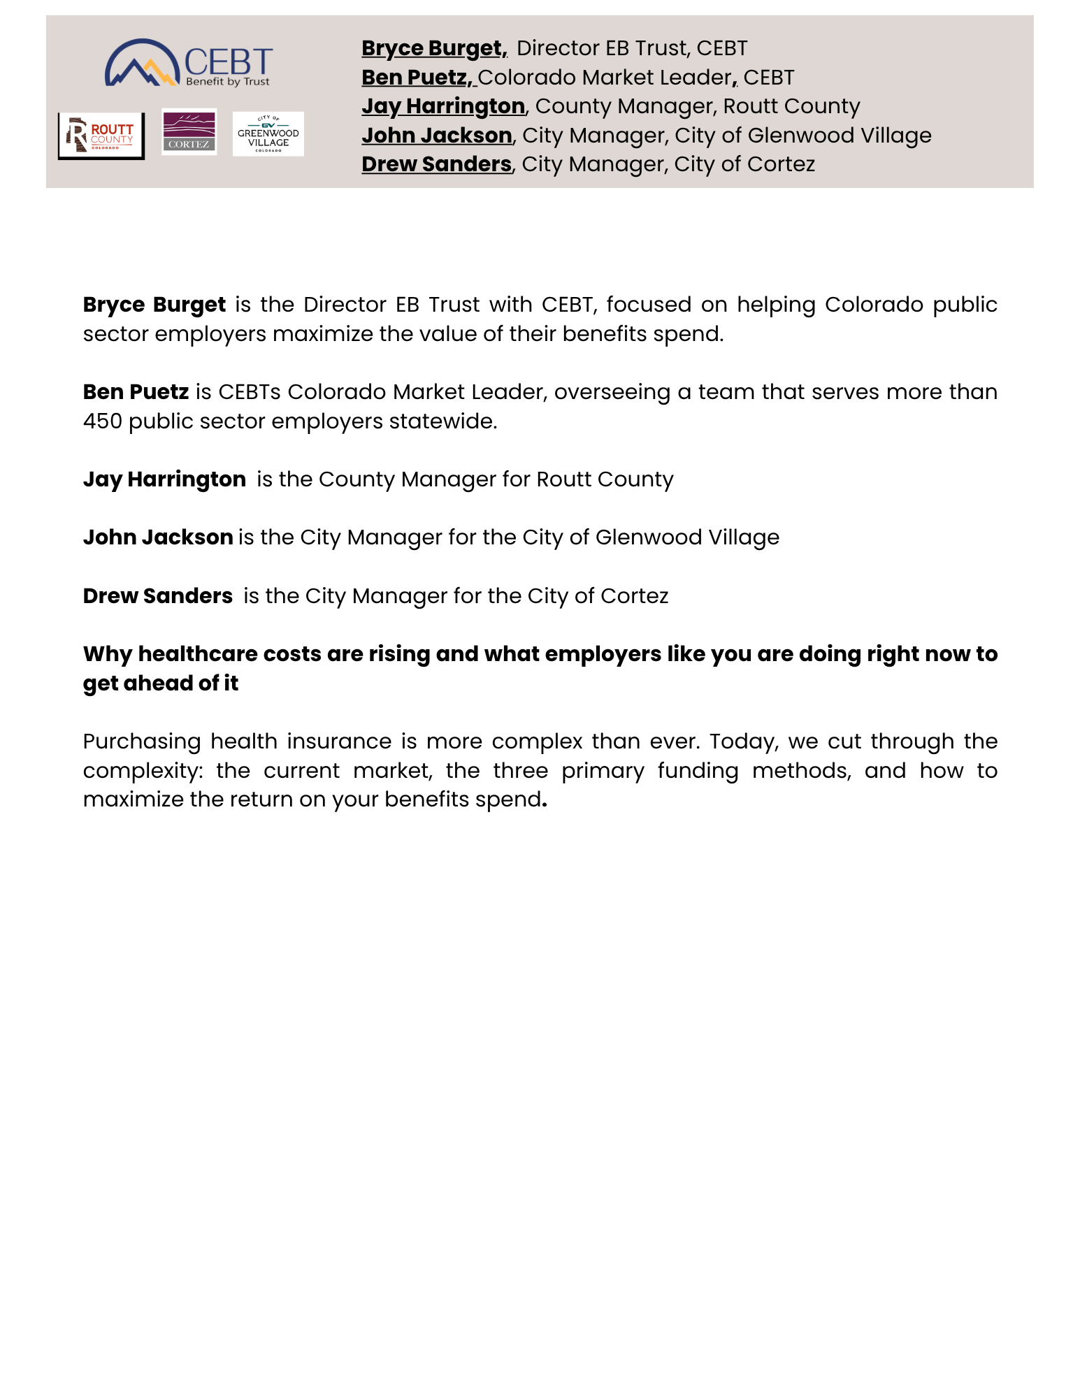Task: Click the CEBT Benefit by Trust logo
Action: [x=189, y=63]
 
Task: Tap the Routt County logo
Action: [x=101, y=136]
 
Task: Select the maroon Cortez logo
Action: [x=189, y=131]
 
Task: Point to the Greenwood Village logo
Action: [x=268, y=133]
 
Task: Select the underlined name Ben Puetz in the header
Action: [x=417, y=78]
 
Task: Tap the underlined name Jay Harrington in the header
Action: [x=443, y=106]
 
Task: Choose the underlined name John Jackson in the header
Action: [x=437, y=136]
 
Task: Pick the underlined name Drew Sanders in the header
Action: [x=436, y=164]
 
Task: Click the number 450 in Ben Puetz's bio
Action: [x=103, y=421]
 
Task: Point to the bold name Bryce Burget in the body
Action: [x=154, y=305]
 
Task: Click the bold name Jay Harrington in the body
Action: [x=164, y=479]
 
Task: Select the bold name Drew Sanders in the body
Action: [x=157, y=596]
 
